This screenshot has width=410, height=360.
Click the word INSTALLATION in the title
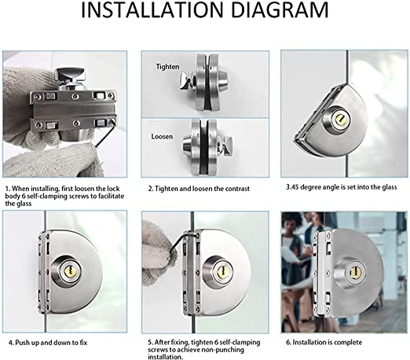click(x=154, y=13)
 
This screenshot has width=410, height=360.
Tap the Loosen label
click(x=163, y=136)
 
